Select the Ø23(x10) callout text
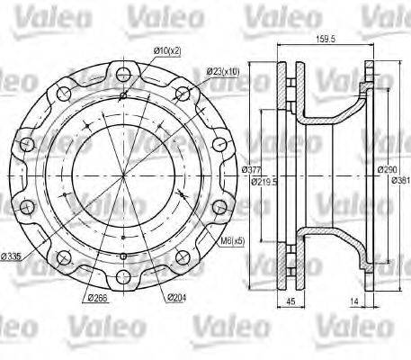[221, 70]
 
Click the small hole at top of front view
[121, 93]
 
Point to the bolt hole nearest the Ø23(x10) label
[180, 93]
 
